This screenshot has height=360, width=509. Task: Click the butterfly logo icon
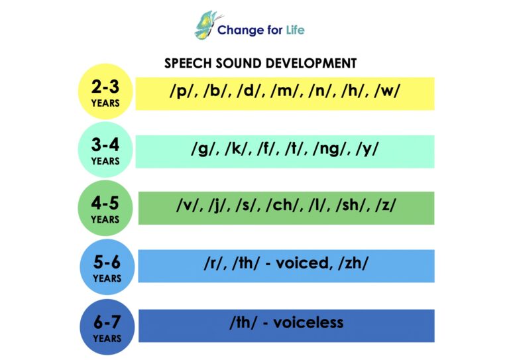(205, 25)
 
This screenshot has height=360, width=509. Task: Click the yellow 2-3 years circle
(106, 92)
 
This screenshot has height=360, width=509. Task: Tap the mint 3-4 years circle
(106, 150)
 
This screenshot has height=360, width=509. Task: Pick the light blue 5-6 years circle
(107, 267)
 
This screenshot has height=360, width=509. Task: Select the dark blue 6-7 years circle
(107, 327)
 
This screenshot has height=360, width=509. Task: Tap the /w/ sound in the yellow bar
(386, 91)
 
